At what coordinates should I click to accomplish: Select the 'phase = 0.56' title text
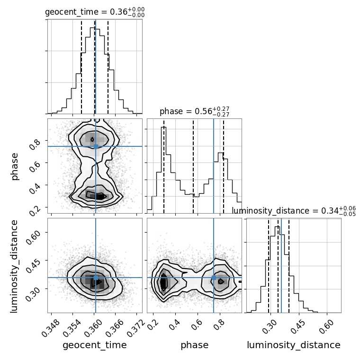point(186,111)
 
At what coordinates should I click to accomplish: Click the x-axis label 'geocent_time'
point(95,345)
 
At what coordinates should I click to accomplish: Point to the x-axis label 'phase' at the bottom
point(195,345)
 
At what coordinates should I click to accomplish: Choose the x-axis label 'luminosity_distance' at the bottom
point(294,345)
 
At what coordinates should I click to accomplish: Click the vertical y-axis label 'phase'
point(14,167)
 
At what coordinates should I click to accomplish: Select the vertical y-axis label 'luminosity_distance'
point(14,266)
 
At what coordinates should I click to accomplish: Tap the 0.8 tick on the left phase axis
point(35,144)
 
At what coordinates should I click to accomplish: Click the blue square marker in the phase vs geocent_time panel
point(96,146)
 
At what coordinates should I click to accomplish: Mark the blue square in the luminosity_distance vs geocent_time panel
point(96,278)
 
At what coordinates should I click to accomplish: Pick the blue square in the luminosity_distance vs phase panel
point(214,278)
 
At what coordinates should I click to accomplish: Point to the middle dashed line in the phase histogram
point(193,166)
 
